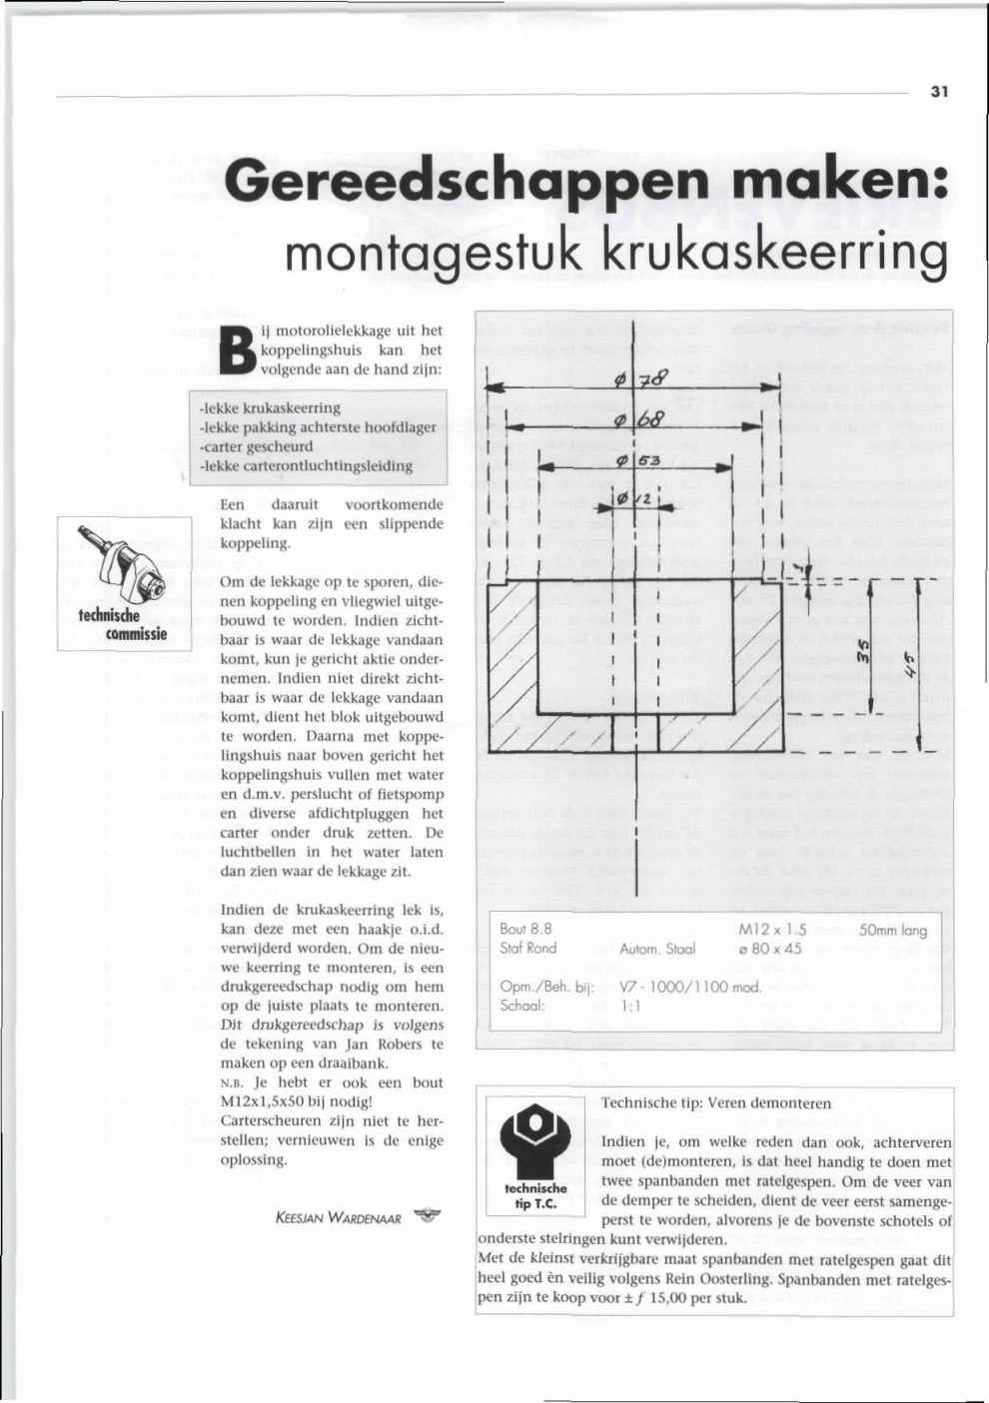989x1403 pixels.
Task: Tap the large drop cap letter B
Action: tap(238, 350)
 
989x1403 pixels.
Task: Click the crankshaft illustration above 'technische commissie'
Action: tap(122, 560)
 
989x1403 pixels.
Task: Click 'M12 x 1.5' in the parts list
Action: tap(771, 929)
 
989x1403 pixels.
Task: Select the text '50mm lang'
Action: tap(892, 930)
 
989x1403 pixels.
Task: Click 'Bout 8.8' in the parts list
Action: tap(526, 929)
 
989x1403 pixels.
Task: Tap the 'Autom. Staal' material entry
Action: tap(657, 949)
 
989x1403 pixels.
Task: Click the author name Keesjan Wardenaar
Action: tap(337, 1219)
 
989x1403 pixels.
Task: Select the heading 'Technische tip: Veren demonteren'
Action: tap(716, 1103)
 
